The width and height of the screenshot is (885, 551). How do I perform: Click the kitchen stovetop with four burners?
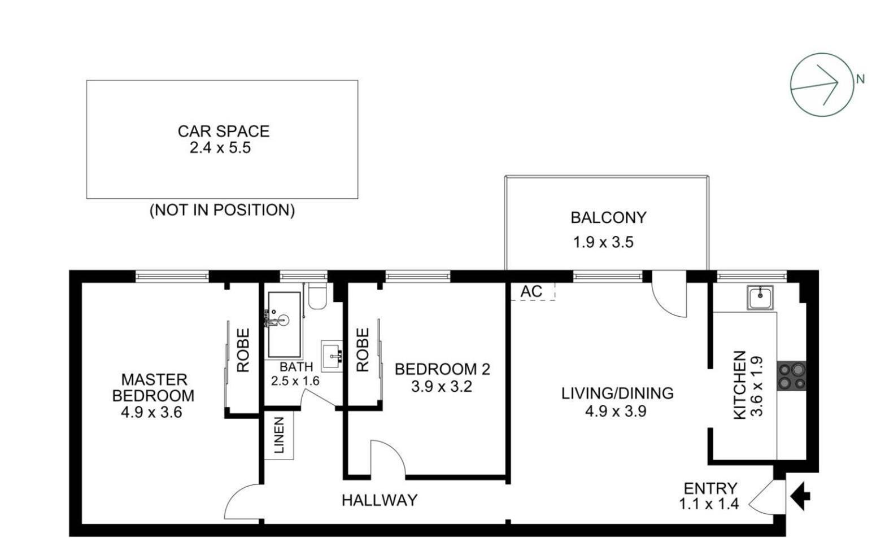tap(791, 376)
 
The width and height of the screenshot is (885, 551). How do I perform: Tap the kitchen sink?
tap(760, 298)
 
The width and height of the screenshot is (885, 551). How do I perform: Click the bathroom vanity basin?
tap(332, 356)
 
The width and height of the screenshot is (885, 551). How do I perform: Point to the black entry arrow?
tap(800, 496)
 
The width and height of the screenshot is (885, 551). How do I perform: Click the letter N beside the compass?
tap(860, 80)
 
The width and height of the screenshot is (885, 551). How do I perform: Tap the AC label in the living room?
tap(531, 291)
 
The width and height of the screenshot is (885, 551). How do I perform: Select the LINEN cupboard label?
tap(279, 435)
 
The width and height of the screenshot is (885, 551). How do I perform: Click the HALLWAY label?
tap(380, 500)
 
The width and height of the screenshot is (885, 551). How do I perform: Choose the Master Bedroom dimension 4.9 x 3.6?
tap(151, 412)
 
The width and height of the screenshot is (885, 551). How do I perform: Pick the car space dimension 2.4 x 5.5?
tap(220, 148)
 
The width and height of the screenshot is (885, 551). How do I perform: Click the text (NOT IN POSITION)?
tap(222, 210)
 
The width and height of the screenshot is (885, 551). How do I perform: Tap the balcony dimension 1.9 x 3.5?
tap(603, 242)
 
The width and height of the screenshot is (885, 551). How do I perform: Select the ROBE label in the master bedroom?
tap(243, 351)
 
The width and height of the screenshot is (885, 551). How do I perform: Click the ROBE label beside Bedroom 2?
tap(362, 351)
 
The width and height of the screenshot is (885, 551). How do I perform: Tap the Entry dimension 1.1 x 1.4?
tap(709, 504)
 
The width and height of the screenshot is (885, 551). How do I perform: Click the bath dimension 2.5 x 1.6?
tap(295, 381)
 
